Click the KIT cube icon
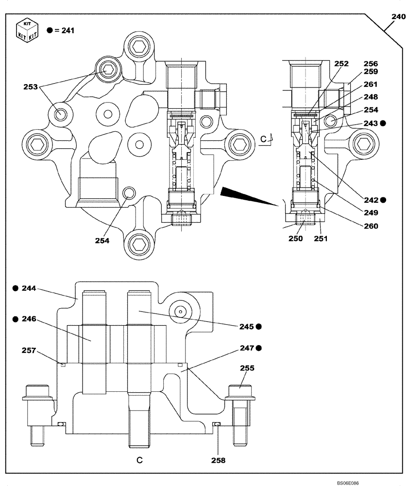27,31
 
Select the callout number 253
31,87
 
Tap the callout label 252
341,64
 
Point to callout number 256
371,64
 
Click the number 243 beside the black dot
371,123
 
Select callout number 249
371,212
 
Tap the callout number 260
371,226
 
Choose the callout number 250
296,239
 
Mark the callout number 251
321,239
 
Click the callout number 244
30,288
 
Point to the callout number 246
30,319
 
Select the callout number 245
246,326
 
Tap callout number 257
30,350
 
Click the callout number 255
246,369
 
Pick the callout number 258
218,460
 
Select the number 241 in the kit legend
68,31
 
